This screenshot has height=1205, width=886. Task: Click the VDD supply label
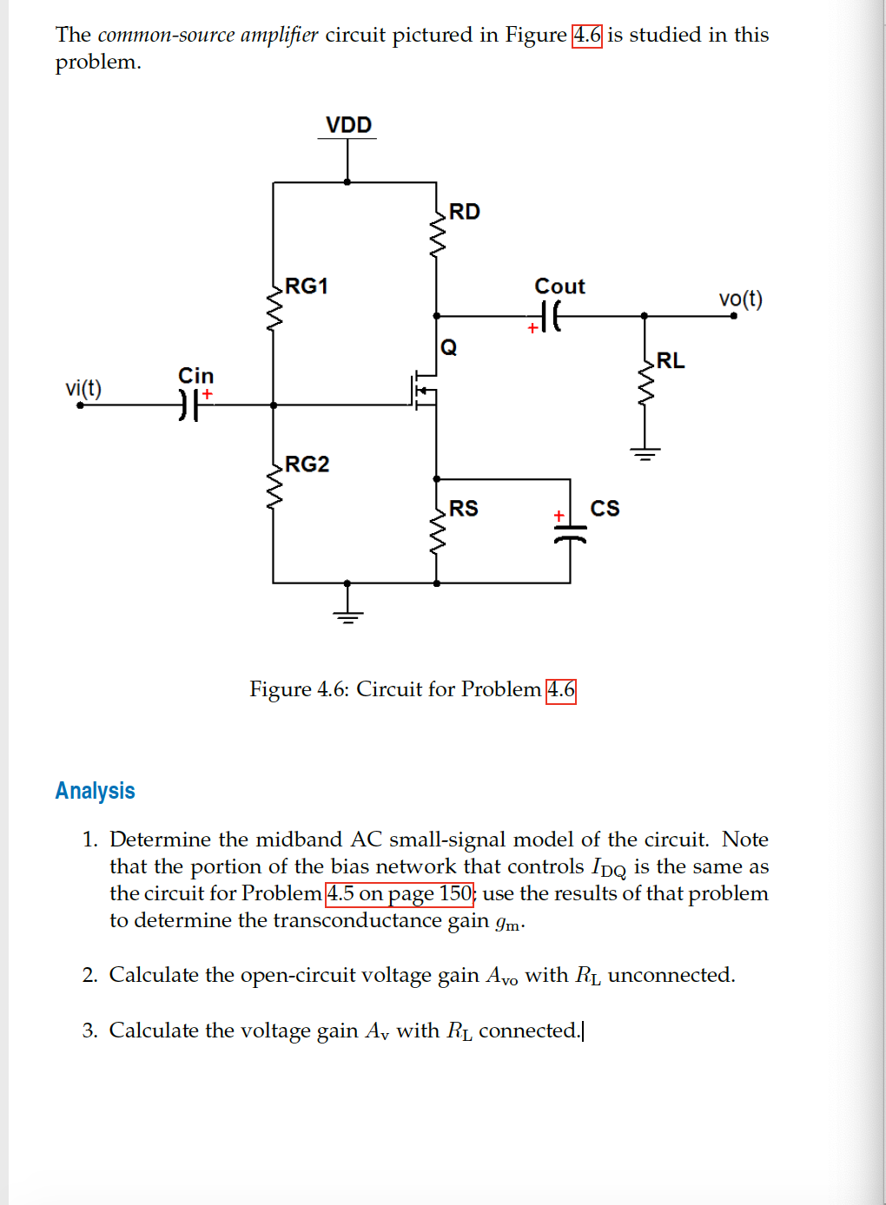(x=348, y=125)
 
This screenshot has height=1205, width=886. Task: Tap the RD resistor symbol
(x=437, y=234)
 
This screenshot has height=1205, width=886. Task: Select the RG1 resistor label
(x=307, y=286)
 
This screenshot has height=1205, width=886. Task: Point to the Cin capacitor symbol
(x=189, y=405)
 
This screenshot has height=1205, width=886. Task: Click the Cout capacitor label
(x=559, y=286)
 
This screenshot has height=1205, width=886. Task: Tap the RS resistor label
(x=463, y=509)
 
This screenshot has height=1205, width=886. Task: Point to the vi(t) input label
(x=83, y=388)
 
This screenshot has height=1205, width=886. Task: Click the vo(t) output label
(x=740, y=300)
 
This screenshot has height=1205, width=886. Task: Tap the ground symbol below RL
(x=645, y=452)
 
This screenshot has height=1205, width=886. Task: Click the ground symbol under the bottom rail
(x=347, y=616)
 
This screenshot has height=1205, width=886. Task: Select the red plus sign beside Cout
(x=532, y=329)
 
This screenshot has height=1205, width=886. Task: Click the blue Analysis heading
(x=96, y=791)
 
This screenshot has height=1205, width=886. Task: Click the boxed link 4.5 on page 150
(x=400, y=893)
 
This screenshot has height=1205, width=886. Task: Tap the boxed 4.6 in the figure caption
(x=560, y=690)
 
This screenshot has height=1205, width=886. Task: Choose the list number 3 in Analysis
(x=89, y=1031)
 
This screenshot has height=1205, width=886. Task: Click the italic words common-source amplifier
(x=208, y=35)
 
